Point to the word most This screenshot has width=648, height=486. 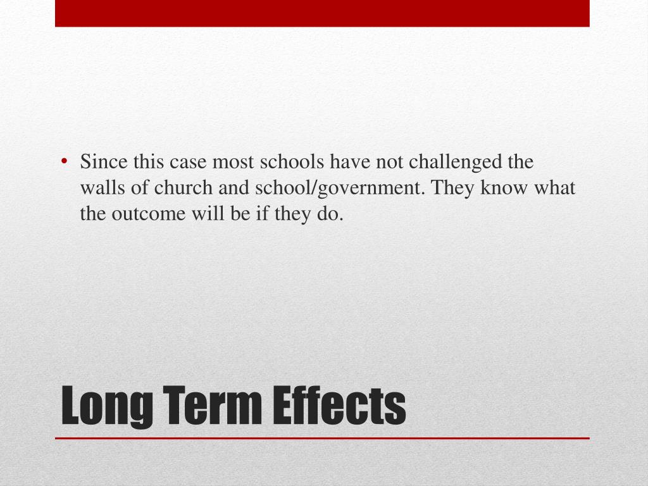coord(230,163)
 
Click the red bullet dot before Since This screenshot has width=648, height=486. coord(66,162)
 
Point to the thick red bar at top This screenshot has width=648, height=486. coord(322,13)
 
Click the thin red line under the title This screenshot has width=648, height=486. coord(322,438)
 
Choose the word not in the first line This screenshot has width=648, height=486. coord(390,163)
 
